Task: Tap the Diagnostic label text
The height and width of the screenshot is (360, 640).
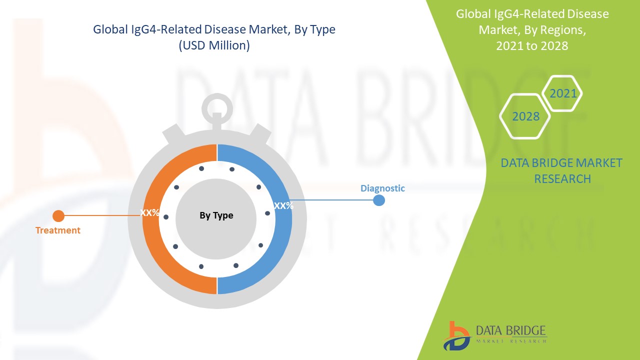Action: [x=382, y=188]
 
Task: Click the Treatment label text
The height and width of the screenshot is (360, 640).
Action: [x=58, y=230]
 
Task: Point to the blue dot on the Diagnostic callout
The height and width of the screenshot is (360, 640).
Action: [x=379, y=200]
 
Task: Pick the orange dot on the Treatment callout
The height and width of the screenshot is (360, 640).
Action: [x=58, y=216]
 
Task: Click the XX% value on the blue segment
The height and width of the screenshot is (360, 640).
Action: [x=283, y=205]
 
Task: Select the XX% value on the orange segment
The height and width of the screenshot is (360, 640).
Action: [x=149, y=212]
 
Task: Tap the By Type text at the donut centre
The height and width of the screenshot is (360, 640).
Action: [x=216, y=215]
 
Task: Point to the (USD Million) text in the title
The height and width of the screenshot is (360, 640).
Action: [x=214, y=45]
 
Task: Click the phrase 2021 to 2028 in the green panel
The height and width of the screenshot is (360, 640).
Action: [x=532, y=45]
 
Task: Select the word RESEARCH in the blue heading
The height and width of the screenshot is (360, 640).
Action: [x=562, y=179]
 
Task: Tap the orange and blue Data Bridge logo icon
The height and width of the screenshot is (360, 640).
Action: [x=456, y=336]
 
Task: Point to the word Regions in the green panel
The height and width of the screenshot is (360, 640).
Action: [x=558, y=30]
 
